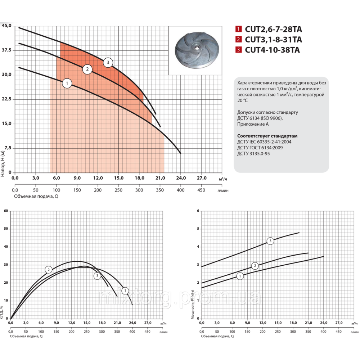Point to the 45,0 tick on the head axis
tap(7, 26)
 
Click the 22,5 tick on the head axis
tap(7, 99)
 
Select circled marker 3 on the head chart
tap(108, 62)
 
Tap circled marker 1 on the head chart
tap(67, 84)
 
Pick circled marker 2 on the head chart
tap(87, 69)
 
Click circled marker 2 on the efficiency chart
tap(49, 270)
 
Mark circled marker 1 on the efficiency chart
tap(125, 291)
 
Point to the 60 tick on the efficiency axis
tap(5, 211)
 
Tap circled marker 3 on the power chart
tap(271, 240)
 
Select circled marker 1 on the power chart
tap(240, 276)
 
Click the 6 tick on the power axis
tap(198, 211)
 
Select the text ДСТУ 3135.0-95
tap(254, 153)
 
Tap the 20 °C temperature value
tap(242, 101)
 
